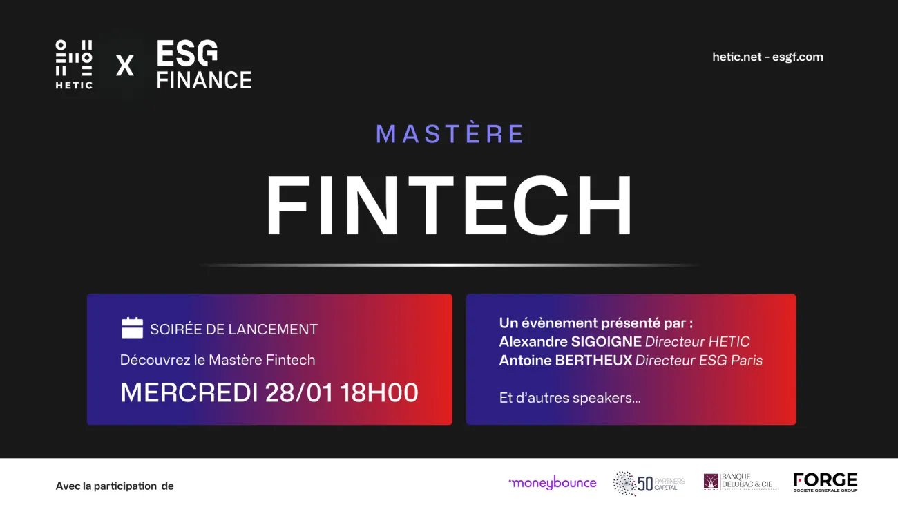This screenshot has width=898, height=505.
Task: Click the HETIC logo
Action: pos(74,64)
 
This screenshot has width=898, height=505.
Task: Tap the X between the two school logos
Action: pos(125,66)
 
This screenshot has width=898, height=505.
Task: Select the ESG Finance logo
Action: pos(203,64)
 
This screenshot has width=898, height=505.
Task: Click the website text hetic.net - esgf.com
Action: pos(767,57)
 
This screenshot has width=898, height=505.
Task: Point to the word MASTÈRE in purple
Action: pos(450,134)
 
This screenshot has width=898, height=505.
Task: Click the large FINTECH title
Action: pos(450,206)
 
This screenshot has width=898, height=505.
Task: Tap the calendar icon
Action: pos(132,328)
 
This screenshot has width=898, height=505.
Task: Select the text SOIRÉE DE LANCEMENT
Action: pos(233,330)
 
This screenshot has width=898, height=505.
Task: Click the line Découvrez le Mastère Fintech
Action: pos(218,360)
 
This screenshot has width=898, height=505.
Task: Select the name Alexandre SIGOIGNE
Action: pos(570,341)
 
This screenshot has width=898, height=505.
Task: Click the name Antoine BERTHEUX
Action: pos(565,360)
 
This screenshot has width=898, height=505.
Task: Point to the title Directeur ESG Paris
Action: pos(699,360)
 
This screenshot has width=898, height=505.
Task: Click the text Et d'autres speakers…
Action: pos(570,398)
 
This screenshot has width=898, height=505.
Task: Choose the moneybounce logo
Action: pos(552,483)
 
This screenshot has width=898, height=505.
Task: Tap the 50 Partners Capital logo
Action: pos(649,483)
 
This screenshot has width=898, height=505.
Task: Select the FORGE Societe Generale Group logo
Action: pos(825,482)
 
